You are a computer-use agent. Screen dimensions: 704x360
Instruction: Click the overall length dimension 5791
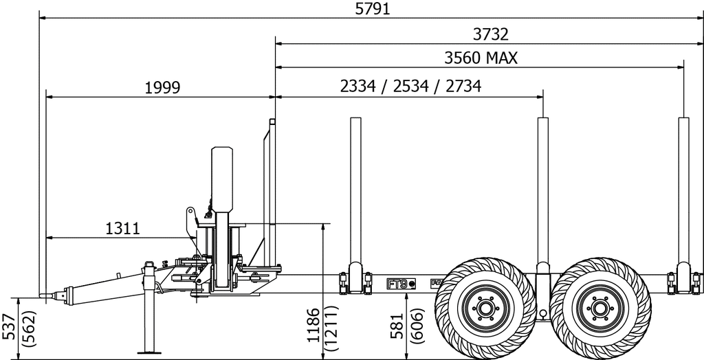pyautogui.click(x=373, y=9)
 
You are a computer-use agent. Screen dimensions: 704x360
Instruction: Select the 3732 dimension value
pyautogui.click(x=491, y=34)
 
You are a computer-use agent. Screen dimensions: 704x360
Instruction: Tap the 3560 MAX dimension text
pyautogui.click(x=481, y=58)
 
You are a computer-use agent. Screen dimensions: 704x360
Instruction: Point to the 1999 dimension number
pyautogui.click(x=162, y=87)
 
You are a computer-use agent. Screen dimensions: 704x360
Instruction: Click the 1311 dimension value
pyautogui.click(x=122, y=229)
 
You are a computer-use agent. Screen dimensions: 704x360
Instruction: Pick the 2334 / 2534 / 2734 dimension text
pyautogui.click(x=410, y=86)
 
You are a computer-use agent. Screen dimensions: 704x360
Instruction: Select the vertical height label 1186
pyautogui.click(x=313, y=325)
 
